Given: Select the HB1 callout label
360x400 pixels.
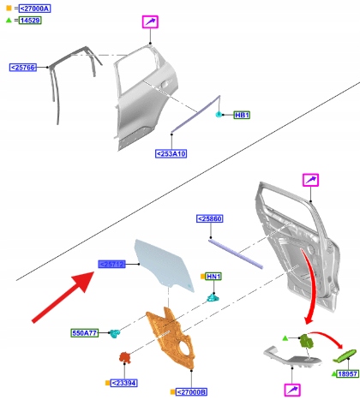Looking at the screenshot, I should point(242,115).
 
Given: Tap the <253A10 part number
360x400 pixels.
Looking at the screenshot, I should point(171,154).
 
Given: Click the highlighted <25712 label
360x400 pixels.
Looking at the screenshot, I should point(112,266).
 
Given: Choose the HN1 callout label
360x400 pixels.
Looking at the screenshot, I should point(213,277).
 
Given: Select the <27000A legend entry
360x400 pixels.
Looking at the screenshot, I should point(34,7).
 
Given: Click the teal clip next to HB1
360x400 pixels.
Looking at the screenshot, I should point(220,114).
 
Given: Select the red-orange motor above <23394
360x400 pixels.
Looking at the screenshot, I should point(123,356).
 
